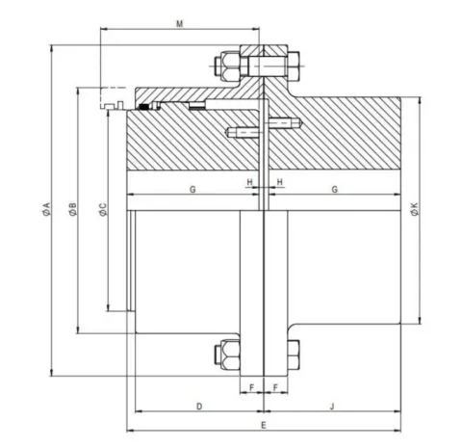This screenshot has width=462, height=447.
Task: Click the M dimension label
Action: pyautogui.click(x=179, y=24)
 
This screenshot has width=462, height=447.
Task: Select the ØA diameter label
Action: pyautogui.click(x=46, y=209)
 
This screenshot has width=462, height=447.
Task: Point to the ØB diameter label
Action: pyautogui.click(x=72, y=209)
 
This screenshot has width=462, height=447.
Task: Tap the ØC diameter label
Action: pyautogui.click(x=103, y=209)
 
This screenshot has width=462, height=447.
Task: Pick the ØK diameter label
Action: pyautogui.click(x=415, y=209)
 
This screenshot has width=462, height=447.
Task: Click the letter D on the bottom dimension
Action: pyautogui.click(x=199, y=407)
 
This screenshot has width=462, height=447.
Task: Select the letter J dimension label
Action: pyautogui.click(x=332, y=407)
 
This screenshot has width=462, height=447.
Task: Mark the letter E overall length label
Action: pyautogui.click(x=264, y=426)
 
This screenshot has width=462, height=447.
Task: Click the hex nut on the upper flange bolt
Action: pyautogui.click(x=227, y=66)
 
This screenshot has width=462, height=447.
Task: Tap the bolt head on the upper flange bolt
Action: pyautogui.click(x=294, y=66)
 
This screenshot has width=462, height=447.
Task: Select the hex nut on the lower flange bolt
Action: pyautogui.click(x=227, y=354)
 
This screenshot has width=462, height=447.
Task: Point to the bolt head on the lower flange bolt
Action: pyautogui.click(x=294, y=354)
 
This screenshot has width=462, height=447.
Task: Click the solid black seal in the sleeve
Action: pyautogui.click(x=143, y=107)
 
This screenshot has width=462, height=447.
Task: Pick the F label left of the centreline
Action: pyautogui.click(x=251, y=388)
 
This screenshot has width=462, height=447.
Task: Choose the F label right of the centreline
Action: pyautogui.click(x=275, y=388)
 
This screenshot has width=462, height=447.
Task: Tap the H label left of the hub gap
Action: pyautogui.click(x=249, y=182)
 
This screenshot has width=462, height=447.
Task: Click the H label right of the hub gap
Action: pyautogui.click(x=280, y=182)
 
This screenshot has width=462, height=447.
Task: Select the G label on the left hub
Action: pyautogui.click(x=192, y=190)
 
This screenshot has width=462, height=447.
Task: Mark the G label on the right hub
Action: pyautogui.click(x=334, y=190)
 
